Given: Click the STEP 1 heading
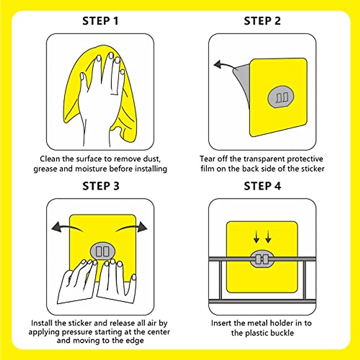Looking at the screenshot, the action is (100, 21).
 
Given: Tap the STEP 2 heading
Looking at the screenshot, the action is (262, 21).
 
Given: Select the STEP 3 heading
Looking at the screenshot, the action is (101, 186).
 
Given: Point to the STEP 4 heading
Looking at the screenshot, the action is (262, 186).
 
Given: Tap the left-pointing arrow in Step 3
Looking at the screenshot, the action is (66, 227).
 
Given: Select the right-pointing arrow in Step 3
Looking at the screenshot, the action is (132, 227).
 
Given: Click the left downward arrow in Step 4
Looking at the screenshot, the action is (256, 237).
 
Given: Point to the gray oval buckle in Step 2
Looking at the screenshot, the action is (280, 97).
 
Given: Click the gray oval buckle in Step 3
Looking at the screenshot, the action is (103, 251).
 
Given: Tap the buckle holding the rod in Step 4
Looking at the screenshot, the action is (262, 259).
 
